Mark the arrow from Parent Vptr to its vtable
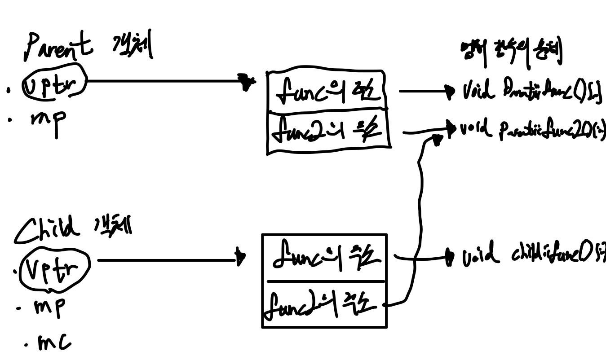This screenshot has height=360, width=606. pos(166,81)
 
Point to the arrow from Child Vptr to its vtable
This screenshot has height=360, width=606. pos(168,259)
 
